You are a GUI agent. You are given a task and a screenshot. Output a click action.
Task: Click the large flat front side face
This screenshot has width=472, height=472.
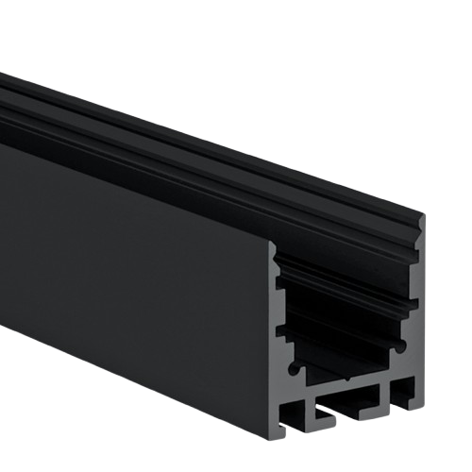click(132, 274)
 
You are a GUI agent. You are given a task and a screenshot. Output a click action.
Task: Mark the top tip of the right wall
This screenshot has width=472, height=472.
click(420, 218)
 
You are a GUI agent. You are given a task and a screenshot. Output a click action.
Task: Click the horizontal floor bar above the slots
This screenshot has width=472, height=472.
click(349, 381)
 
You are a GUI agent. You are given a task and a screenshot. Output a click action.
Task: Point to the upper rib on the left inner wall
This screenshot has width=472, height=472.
click(280, 280)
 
